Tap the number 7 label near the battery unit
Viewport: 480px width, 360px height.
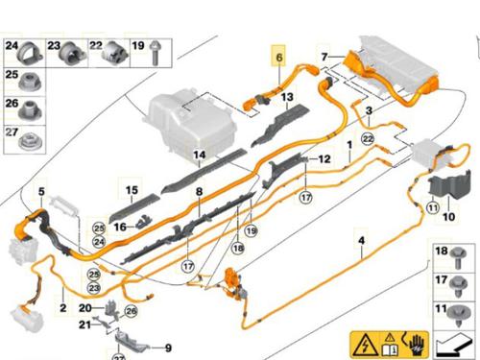tap(324, 57)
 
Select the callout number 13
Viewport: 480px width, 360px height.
tap(287, 98)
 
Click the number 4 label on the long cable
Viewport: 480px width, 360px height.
tap(361, 240)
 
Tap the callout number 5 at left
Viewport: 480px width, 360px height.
tap(41, 192)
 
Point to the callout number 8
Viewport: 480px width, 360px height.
tap(199, 192)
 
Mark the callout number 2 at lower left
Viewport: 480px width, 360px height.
tap(62, 308)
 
